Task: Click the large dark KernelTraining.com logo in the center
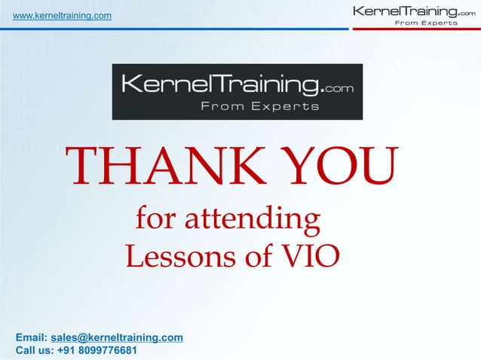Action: pos(237,91)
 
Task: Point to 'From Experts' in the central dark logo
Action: pos(259,107)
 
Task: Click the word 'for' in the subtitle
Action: pos(152,219)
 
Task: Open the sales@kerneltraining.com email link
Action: pos(117,337)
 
